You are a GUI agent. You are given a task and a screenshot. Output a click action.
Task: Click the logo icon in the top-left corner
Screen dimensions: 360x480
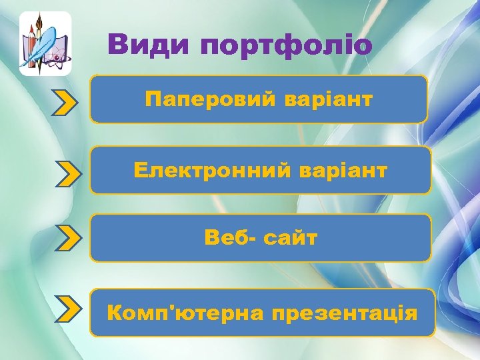tap(45, 43)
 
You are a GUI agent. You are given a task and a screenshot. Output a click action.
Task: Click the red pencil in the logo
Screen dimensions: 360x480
tap(30, 47)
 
